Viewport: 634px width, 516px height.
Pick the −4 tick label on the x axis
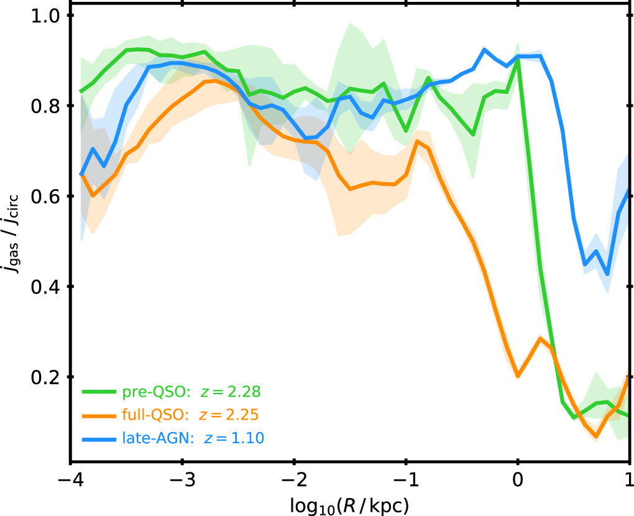[x=71, y=480]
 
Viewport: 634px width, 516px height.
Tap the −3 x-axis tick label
[x=183, y=480]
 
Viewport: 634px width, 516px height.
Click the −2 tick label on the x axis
[x=295, y=480]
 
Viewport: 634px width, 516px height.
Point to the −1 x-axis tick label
[x=406, y=480]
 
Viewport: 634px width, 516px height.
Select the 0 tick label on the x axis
[x=518, y=480]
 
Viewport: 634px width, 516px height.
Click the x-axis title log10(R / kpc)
[x=349, y=505]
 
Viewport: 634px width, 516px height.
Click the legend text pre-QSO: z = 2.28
[x=191, y=392]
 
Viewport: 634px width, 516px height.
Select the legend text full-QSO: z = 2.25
[x=190, y=415]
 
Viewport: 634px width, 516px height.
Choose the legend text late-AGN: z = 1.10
[x=193, y=438]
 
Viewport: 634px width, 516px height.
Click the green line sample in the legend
[x=99, y=392]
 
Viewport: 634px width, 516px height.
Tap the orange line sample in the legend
[x=99, y=415]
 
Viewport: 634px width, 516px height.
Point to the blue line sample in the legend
[x=99, y=438]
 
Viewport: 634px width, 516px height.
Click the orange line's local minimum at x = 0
[x=518, y=376]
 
